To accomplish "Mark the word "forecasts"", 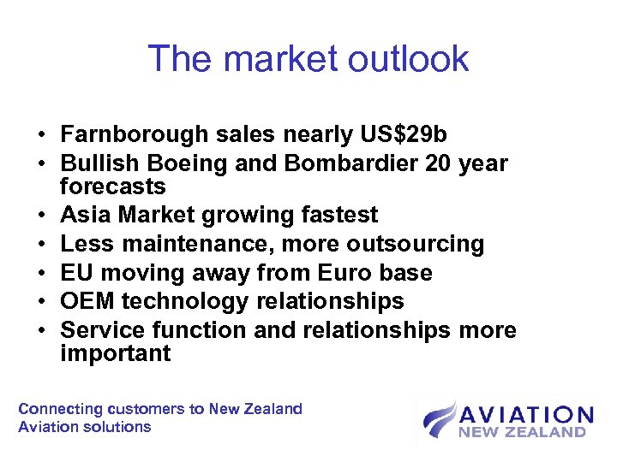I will (113, 186).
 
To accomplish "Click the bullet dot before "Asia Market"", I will (41, 216).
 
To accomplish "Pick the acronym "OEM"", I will (87, 301).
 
